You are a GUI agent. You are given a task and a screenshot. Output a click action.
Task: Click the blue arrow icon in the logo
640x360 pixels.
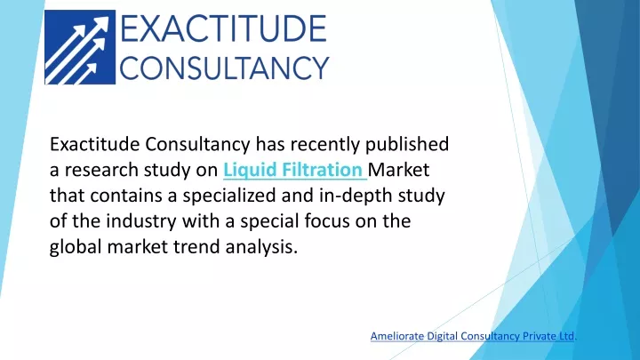80,47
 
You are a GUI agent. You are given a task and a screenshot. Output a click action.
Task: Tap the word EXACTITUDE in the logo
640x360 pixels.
223,28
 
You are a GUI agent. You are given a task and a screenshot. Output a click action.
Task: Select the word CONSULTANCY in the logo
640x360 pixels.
224,68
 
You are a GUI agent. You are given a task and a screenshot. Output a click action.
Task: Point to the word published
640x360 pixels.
407,144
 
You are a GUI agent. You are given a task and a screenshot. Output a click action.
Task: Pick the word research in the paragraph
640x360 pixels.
101,170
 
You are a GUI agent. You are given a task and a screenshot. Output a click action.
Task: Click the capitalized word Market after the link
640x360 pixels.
398,170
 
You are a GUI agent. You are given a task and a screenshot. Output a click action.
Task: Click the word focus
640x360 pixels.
327,221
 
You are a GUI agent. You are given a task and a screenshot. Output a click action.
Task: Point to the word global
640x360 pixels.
76,247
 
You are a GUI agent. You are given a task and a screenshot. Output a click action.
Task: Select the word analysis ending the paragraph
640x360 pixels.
261,247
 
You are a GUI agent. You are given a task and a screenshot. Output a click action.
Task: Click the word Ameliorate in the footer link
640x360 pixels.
397,336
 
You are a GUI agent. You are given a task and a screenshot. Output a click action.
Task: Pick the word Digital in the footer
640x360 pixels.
440,336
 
